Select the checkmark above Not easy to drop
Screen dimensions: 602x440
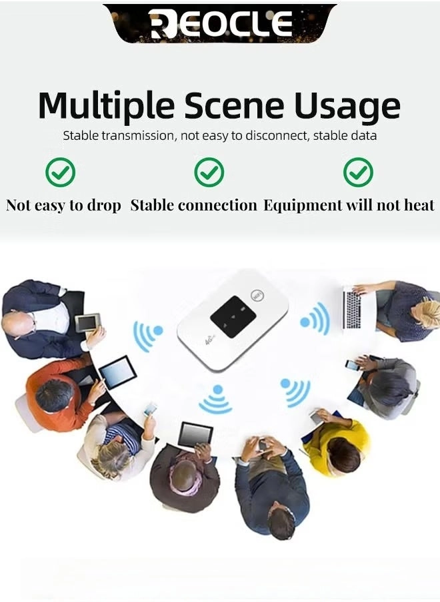click(60, 172)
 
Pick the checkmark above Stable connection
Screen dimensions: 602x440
click(209, 172)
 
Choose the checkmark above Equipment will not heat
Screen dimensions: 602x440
click(358, 172)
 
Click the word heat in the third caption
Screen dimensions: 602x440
click(419, 205)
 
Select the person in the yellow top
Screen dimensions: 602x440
click(340, 443)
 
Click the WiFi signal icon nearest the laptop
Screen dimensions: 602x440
click(314, 318)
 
